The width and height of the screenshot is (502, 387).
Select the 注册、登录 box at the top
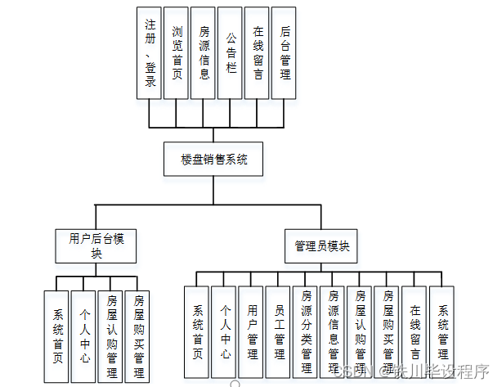coord(150,53)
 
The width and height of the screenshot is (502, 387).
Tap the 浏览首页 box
coord(177,53)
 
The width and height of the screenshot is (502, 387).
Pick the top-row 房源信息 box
coord(204,53)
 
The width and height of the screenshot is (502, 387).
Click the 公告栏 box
coord(231,53)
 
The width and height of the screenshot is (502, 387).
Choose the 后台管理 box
coord(284,53)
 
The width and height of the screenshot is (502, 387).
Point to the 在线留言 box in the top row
coord(257,53)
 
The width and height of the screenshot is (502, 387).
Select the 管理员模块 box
coord(321,245)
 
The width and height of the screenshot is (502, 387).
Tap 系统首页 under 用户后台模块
coord(57,335)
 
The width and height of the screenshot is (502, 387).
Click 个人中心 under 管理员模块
coord(225,332)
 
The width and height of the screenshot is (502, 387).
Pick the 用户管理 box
coord(252,332)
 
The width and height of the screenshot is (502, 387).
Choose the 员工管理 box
coord(279,332)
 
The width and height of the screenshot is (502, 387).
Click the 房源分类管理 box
coord(306,332)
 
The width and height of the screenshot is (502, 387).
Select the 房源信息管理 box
coord(333,332)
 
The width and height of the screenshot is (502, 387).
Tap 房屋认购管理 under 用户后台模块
coord(111,335)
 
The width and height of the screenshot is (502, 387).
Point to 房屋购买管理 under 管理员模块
coord(388,332)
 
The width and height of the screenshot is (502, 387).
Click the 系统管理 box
coord(441,332)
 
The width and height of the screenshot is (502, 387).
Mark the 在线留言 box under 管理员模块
coord(415,332)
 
